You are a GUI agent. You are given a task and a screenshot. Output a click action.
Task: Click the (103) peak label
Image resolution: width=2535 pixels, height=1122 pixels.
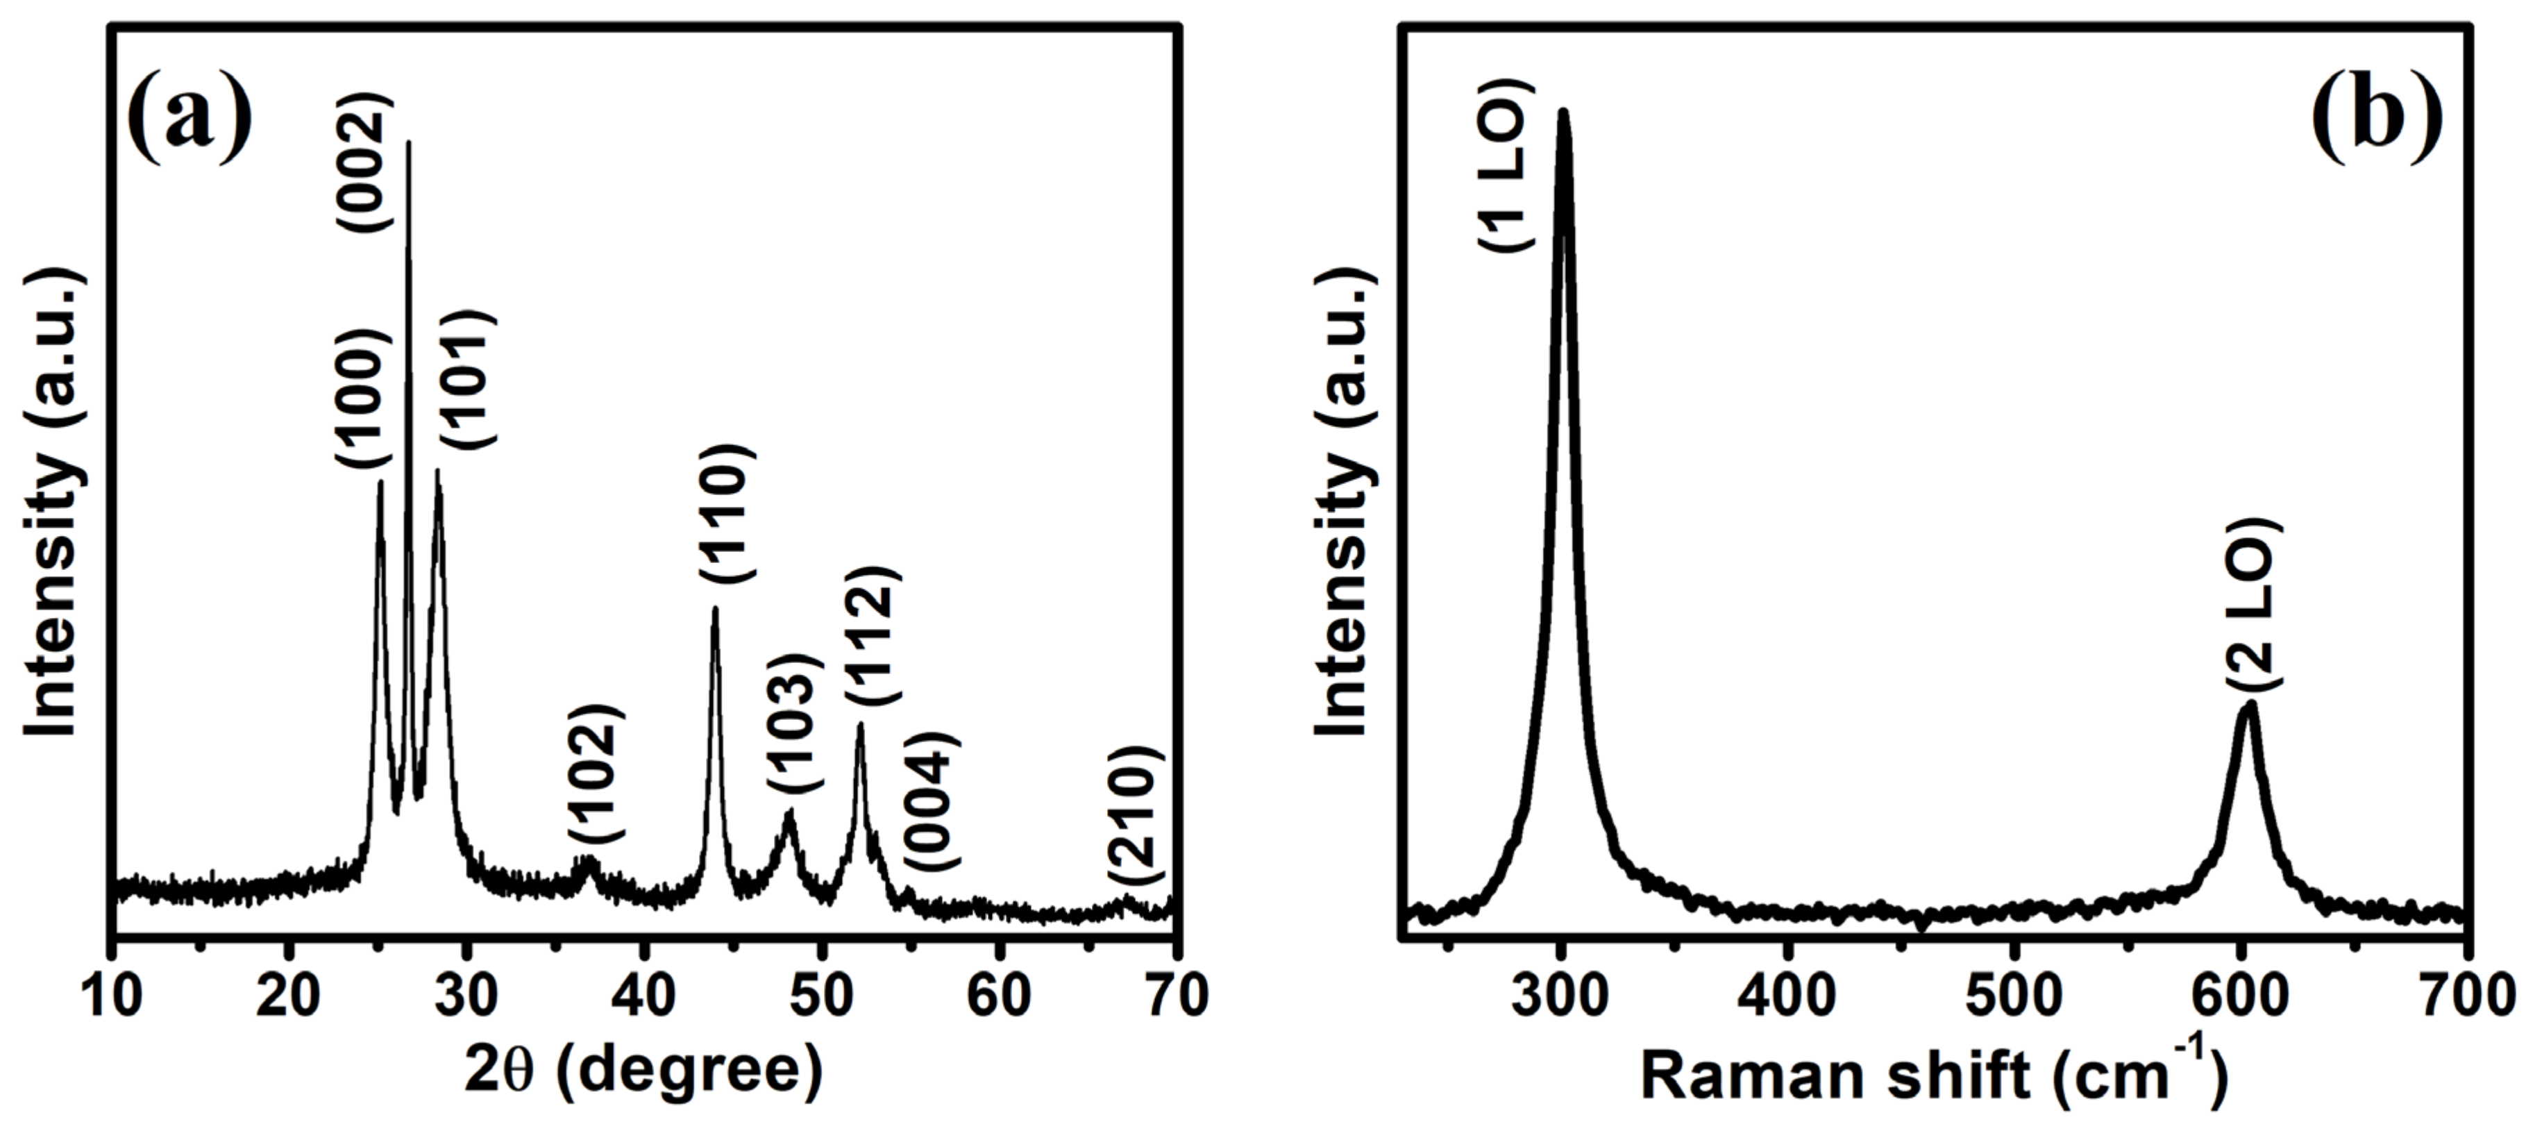[794, 722]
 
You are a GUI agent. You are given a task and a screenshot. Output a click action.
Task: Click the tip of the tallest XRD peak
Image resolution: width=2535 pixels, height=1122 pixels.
[408, 143]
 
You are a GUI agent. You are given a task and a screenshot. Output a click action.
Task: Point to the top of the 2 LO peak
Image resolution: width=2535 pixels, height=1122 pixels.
[2248, 705]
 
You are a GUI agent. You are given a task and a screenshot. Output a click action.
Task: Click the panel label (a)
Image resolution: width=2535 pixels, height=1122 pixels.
[190, 116]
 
